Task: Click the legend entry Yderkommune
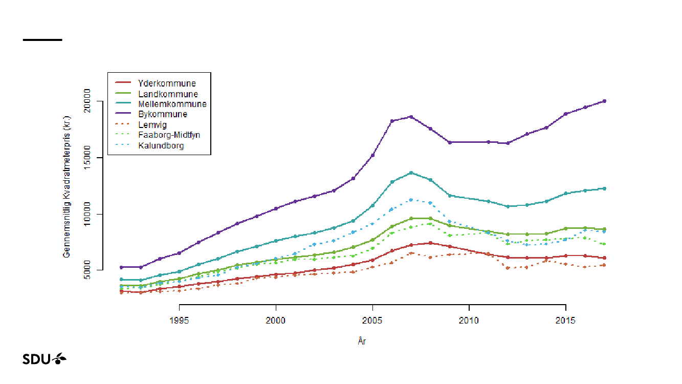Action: (x=166, y=83)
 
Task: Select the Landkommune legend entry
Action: (x=167, y=94)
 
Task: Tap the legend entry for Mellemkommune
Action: (x=172, y=104)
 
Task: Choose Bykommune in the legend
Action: (x=162, y=114)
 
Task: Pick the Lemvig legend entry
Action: (x=152, y=124)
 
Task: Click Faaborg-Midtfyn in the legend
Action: (x=169, y=135)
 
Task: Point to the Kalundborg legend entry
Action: (x=161, y=145)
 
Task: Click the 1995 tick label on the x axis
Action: (x=179, y=321)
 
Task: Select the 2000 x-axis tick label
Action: (x=276, y=321)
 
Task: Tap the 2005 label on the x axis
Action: (x=372, y=321)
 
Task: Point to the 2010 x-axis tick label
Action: (x=469, y=321)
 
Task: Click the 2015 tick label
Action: (x=565, y=321)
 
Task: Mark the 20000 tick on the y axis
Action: (x=87, y=101)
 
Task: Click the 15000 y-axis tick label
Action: (x=87, y=157)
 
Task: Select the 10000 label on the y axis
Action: (x=87, y=214)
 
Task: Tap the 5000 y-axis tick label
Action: (x=87, y=270)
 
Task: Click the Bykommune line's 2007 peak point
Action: (x=411, y=117)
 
